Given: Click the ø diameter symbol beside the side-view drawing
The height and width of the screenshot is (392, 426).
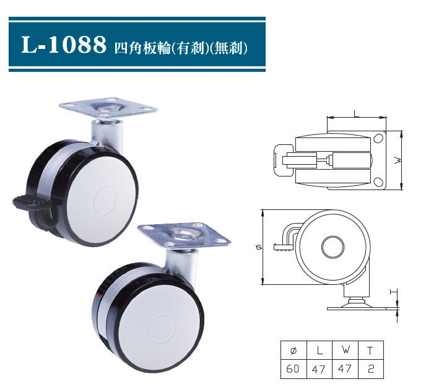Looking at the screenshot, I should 258,247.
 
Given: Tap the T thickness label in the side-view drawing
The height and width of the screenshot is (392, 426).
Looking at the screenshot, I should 392,291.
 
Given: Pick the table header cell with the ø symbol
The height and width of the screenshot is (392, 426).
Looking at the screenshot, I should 293,350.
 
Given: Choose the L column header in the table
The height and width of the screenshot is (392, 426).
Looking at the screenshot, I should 319,350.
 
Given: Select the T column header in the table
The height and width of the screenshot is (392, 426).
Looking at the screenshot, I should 370,350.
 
